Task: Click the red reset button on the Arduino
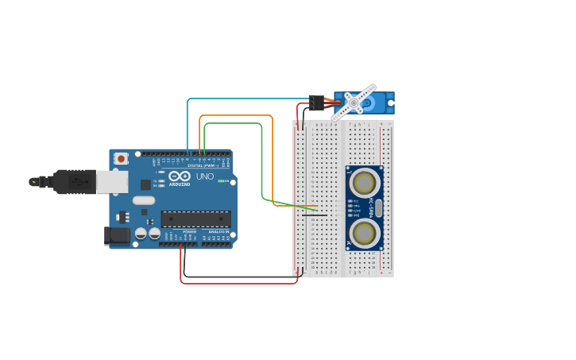(x=121, y=158)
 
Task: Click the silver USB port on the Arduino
(x=112, y=181)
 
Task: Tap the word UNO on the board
(x=205, y=176)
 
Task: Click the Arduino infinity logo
(x=180, y=176)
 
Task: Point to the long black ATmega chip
(x=196, y=219)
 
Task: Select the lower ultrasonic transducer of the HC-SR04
(x=364, y=233)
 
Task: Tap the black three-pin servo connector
(x=317, y=103)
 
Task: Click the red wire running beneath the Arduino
(x=238, y=283)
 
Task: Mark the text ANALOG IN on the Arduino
(x=218, y=231)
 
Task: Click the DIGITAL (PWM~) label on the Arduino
(x=203, y=165)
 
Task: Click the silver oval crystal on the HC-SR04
(x=378, y=208)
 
